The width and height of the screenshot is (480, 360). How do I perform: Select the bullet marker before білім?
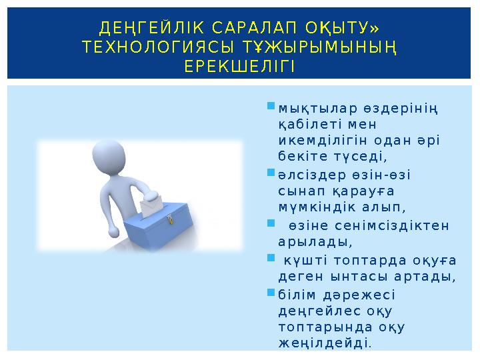tap(271, 293)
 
